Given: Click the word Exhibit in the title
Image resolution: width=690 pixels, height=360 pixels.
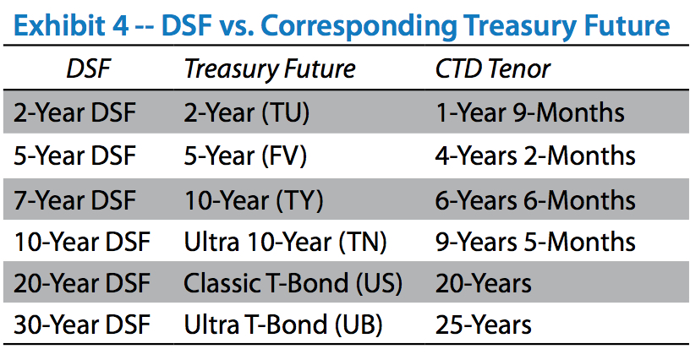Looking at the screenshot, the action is coord(60,25).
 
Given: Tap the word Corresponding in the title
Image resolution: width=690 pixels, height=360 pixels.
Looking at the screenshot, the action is coord(359,26).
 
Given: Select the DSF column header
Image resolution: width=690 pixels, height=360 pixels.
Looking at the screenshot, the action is coord(88,69).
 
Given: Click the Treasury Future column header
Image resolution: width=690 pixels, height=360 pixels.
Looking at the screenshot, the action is coord(270,69).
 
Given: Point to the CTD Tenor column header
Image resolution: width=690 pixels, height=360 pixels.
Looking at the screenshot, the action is coord(492,69).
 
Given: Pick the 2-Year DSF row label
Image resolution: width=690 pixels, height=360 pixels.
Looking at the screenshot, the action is coord(74,112).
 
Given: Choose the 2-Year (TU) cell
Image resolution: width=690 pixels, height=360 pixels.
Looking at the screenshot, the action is coord(246,113).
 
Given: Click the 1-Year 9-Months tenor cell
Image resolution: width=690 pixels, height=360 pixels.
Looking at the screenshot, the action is coord(530,112).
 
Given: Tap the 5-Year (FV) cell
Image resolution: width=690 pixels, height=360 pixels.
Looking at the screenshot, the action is coord(245,156).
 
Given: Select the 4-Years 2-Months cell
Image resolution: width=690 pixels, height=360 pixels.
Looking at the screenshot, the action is coord(535,156).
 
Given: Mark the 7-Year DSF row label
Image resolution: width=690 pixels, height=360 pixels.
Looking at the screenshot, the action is coord(74,200).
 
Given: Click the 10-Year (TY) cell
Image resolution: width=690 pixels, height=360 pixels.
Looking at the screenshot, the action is coord(254,200).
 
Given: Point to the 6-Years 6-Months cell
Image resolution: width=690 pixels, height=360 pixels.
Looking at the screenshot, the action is coord(535,200).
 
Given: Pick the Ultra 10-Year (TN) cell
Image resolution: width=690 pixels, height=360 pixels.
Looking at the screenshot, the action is coord(285,243).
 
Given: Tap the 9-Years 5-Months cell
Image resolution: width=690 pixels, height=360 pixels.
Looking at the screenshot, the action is coord(535,242).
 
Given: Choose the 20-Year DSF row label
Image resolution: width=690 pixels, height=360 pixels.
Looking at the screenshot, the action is coord(82,283).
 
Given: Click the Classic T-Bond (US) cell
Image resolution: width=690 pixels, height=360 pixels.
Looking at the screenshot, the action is coord(293,283).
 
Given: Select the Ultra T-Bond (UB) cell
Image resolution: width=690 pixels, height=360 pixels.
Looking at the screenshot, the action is coord(283,325).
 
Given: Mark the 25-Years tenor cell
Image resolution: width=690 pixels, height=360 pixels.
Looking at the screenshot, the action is coord(483,325).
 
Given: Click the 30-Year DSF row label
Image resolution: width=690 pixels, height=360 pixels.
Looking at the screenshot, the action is coord(82,325).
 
